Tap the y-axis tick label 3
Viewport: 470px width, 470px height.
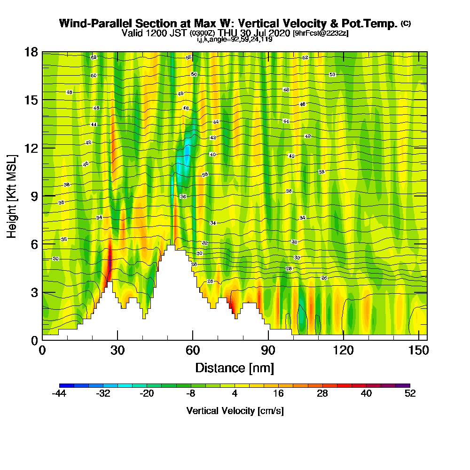tap(34, 292)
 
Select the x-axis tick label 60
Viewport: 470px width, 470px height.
tap(193, 351)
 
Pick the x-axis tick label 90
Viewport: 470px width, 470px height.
tap(268, 351)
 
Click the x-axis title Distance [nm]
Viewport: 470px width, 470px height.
tap(235, 368)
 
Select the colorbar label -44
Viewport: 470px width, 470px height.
tap(59, 394)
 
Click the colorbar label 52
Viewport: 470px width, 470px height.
tap(410, 394)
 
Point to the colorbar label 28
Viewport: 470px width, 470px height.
tap(322, 394)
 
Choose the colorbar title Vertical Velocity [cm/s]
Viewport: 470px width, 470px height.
tap(235, 411)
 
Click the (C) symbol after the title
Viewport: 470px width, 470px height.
tap(406, 23)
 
